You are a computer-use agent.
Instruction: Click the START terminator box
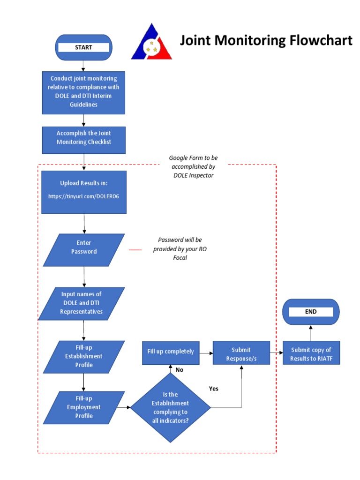83,47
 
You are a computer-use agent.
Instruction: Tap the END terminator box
310,312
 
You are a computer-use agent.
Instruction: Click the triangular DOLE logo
151,42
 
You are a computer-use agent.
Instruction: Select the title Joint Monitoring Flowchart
266,41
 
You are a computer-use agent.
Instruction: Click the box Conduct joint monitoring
83,91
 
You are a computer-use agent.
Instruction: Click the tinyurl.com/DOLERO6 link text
83,197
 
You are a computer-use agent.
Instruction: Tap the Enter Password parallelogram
83,247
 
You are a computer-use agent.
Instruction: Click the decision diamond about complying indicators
170,408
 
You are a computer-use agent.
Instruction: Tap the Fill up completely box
171,352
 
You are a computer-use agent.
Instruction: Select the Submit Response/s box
241,354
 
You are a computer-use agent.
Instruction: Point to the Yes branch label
213,389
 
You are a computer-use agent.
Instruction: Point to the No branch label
179,370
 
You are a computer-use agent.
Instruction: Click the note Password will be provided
180,248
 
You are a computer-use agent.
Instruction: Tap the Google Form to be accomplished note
193,166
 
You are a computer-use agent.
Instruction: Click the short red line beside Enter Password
135,250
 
